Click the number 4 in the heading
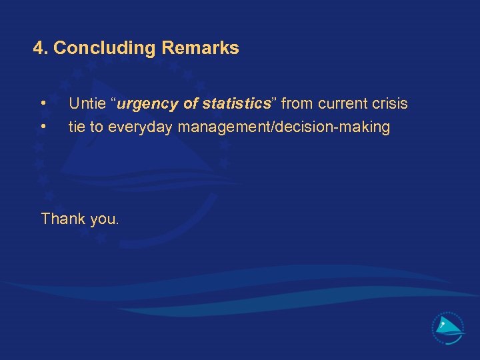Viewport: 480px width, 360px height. [x=39, y=48]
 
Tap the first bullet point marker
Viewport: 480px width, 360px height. [x=43, y=104]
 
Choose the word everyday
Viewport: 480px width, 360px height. [x=141, y=127]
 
